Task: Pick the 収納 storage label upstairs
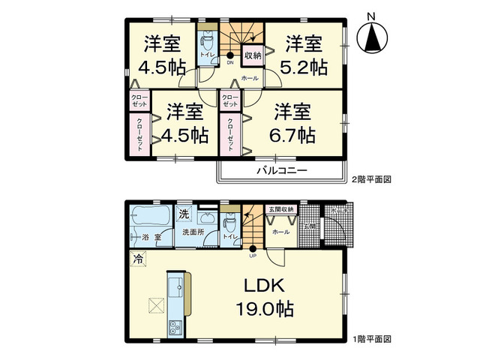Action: click(x=252, y=55)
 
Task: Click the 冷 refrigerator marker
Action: click(x=138, y=259)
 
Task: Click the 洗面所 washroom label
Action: click(x=193, y=232)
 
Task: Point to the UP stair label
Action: click(x=252, y=256)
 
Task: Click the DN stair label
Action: click(x=229, y=63)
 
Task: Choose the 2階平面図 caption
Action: click(x=372, y=179)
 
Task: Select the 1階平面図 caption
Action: click(x=372, y=339)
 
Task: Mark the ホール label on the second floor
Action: click(x=250, y=78)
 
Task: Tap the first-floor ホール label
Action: click(x=281, y=232)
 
